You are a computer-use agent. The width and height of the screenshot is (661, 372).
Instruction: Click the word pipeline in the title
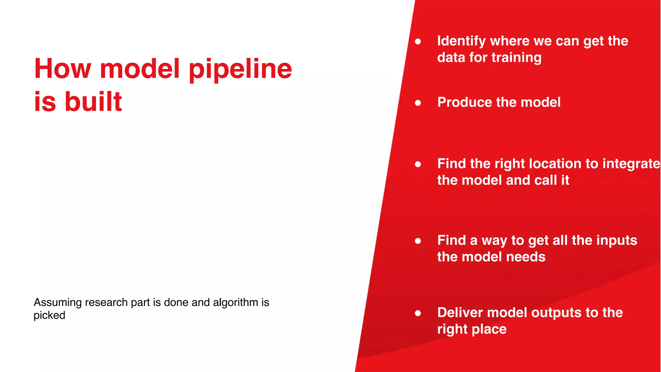[240, 69]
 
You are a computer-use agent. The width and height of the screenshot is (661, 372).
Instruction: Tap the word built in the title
[93, 102]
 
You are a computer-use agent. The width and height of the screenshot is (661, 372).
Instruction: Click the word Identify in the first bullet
[461, 41]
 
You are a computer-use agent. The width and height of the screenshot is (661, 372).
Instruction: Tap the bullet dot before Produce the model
[418, 103]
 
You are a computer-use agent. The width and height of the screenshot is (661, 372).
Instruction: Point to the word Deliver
[460, 313]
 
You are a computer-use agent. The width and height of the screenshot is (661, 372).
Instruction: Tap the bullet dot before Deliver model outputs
[418, 313]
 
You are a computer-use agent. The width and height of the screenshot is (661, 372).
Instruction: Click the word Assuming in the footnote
[58, 303]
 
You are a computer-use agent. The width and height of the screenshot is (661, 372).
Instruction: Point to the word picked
[49, 315]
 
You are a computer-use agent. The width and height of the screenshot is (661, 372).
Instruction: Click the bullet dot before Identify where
[418, 42]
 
